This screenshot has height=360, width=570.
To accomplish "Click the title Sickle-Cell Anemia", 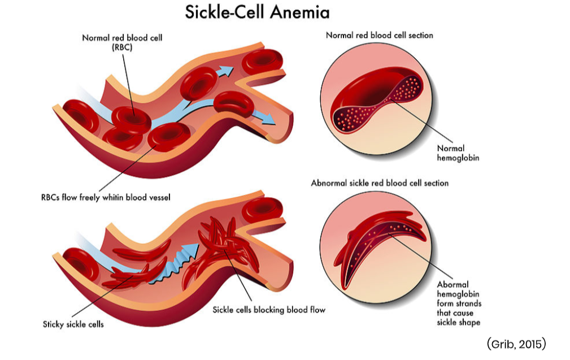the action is [x=257, y=12].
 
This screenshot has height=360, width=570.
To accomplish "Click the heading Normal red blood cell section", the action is [x=379, y=36].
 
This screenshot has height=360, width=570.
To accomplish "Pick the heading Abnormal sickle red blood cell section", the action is [x=380, y=184].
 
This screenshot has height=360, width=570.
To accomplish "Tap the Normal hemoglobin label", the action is [x=458, y=153].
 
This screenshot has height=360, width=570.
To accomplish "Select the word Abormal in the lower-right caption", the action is [x=452, y=284].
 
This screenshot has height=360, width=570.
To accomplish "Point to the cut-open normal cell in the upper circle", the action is [x=376, y=99].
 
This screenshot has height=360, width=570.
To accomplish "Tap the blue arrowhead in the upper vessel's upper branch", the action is [x=226, y=71].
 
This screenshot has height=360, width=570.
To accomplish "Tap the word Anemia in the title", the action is [x=300, y=12].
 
